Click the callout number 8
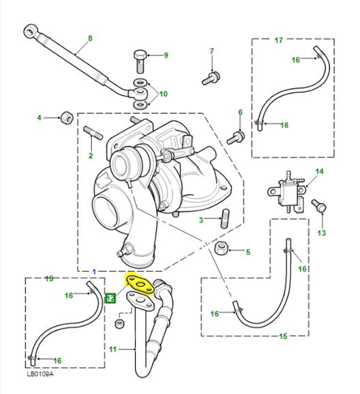tap(90, 39)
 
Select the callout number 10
tap(164, 94)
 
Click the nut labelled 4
tap(67, 118)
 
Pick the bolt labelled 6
tap(236, 136)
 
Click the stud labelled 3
tap(224, 220)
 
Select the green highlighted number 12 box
tap(111, 298)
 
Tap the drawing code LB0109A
tap(40, 374)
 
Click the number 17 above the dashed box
tap(279, 41)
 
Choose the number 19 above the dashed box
tap(49, 278)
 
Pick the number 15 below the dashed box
tap(283, 337)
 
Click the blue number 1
tap(95, 271)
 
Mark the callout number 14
tap(320, 172)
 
